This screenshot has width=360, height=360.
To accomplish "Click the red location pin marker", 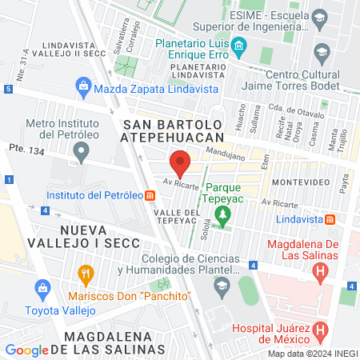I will (x=180, y=166).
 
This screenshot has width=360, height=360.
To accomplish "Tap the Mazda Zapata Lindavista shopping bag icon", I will (x=83, y=85).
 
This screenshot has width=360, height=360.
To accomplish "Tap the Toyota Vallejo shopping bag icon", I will (x=40, y=286).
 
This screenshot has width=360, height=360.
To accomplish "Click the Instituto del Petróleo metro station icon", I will (x=150, y=195).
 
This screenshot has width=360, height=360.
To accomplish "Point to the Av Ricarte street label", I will (x=179, y=183).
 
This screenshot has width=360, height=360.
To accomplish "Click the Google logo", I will (x=26, y=350).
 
